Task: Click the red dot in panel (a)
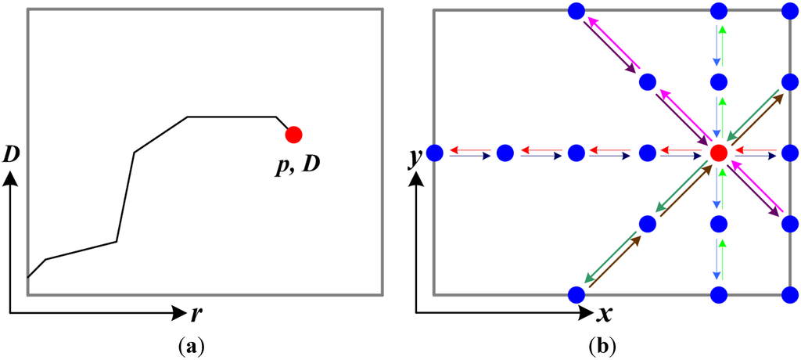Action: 293,135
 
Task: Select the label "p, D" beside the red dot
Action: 299,167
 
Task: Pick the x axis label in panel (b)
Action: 604,315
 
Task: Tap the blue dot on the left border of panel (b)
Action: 435,153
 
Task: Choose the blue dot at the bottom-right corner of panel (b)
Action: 791,295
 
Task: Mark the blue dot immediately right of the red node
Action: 791,153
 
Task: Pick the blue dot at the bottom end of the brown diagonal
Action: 577,295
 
